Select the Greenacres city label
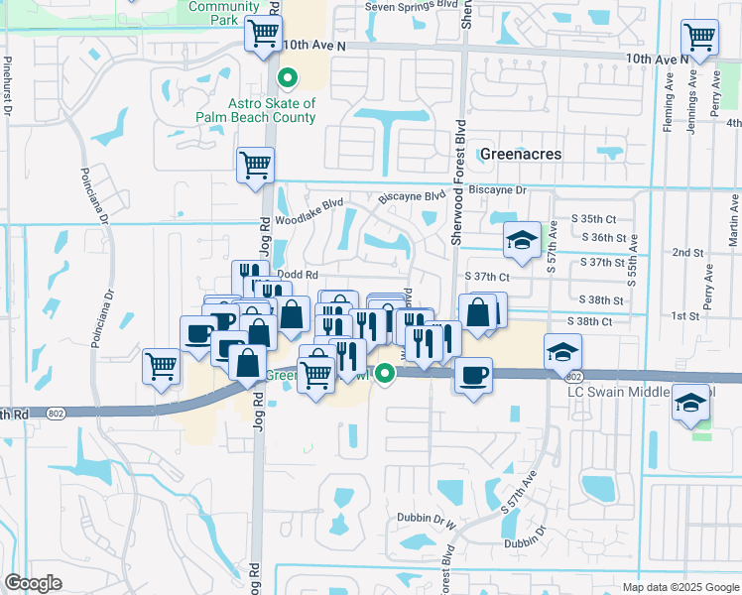click(521, 154)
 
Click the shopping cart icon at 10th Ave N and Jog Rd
click(264, 35)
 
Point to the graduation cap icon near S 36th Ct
click(522, 240)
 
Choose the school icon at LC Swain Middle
click(689, 405)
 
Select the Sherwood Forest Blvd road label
click(458, 182)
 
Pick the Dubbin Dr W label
click(422, 518)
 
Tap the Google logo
click(34, 582)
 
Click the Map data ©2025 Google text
click(680, 587)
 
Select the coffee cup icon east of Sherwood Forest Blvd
click(472, 375)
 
